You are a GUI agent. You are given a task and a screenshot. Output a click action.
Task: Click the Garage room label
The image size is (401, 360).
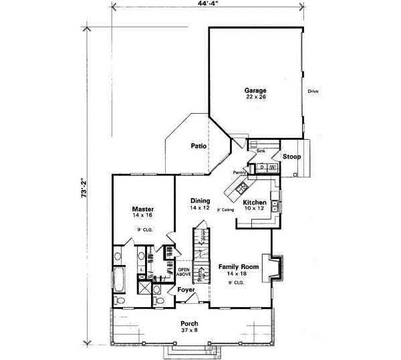pyautogui.click(x=255, y=90)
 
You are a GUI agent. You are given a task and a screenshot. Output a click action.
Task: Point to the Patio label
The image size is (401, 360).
pyautogui.click(x=198, y=145)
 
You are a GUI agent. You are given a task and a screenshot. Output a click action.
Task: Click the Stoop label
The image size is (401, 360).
pyautogui.click(x=291, y=157)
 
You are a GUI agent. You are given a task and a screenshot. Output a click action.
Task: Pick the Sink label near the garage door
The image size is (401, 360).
pyautogui.click(x=261, y=151)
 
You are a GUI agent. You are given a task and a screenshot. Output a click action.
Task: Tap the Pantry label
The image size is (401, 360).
pyautogui.click(x=240, y=173)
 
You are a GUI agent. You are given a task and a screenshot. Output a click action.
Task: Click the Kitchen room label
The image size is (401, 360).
pyautogui.click(x=255, y=202)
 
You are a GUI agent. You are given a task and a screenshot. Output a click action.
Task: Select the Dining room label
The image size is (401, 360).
pyautogui.click(x=200, y=201)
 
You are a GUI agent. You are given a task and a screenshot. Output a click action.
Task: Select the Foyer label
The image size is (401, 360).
pyautogui.click(x=186, y=290)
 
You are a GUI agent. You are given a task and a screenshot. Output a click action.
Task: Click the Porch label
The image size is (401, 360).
pyautogui.click(x=189, y=323)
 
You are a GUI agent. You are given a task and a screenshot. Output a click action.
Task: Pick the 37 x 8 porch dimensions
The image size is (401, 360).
pyautogui.click(x=189, y=330)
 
